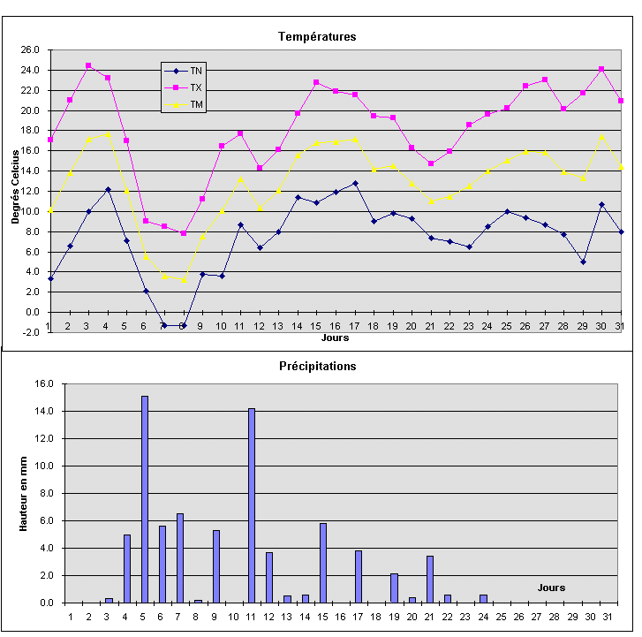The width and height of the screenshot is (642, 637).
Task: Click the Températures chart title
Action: pos(317,36)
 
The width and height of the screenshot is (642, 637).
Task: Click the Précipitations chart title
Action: pos(317,365)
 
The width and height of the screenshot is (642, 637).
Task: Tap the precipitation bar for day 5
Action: pos(145,499)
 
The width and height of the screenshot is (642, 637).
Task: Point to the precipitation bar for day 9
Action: pos(216,566)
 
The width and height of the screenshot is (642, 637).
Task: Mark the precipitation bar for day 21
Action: pos(430,579)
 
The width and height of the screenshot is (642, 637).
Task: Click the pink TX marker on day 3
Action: pos(88,65)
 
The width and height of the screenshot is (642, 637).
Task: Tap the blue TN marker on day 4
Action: pos(108,189)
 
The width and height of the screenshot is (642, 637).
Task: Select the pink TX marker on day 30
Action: pos(601,69)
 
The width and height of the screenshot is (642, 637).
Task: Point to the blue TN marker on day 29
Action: pos(582,262)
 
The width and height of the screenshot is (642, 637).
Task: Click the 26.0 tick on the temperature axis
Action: pos(32,49)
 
